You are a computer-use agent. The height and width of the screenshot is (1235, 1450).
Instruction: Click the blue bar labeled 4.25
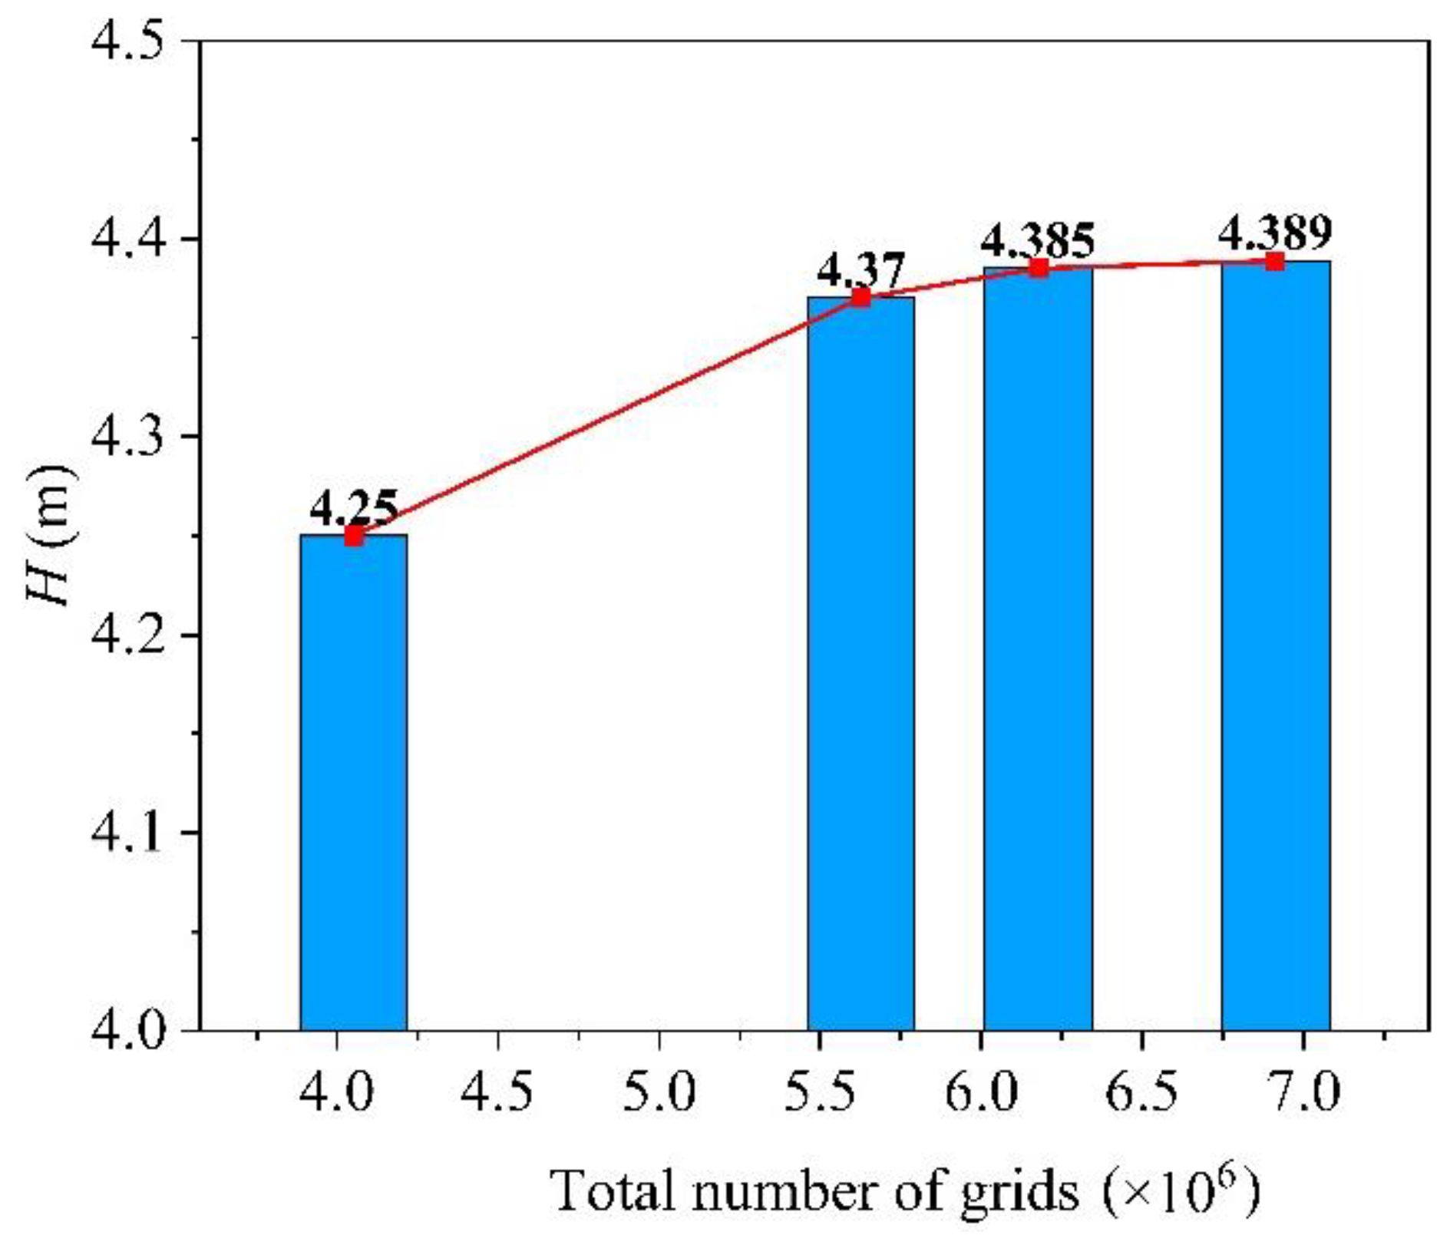pyautogui.click(x=353, y=783)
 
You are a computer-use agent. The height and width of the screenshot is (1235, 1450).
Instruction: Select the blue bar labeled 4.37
pyautogui.click(x=860, y=664)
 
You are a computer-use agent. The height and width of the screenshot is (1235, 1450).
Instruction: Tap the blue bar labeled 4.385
pyautogui.click(x=1038, y=649)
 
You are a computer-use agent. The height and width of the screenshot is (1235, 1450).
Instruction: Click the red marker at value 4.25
pyautogui.click(x=353, y=536)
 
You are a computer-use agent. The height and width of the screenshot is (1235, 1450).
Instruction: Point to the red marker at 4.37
pyautogui.click(x=861, y=297)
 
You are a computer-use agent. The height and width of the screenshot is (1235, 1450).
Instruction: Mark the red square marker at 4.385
pyautogui.click(x=1039, y=268)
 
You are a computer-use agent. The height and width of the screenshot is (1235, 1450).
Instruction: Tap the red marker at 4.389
pyautogui.click(x=1275, y=262)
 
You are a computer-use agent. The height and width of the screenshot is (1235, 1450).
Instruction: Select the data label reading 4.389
pyautogui.click(x=1275, y=233)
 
